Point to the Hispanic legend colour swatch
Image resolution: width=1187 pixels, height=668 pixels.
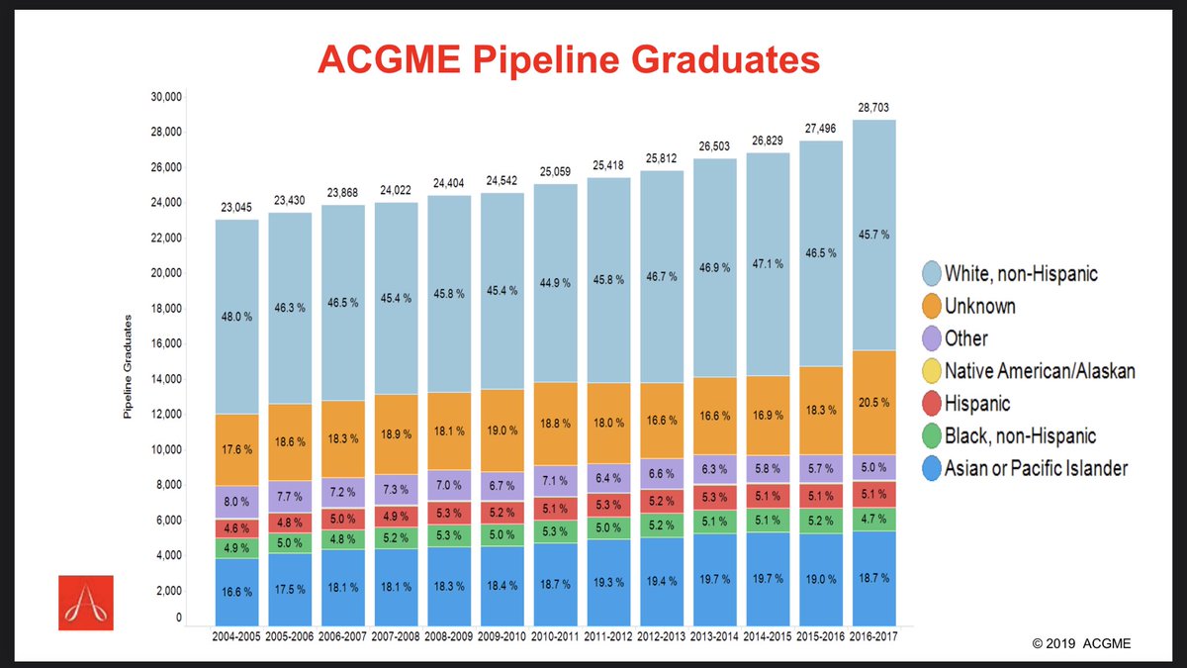click(x=929, y=404)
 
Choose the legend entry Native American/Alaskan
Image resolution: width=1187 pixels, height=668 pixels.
click(x=1039, y=371)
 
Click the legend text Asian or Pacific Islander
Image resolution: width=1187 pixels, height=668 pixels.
click(x=1036, y=468)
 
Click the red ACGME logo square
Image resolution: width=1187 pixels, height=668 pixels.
click(x=85, y=602)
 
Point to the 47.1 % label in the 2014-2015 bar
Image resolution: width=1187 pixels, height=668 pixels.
click(x=767, y=265)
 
